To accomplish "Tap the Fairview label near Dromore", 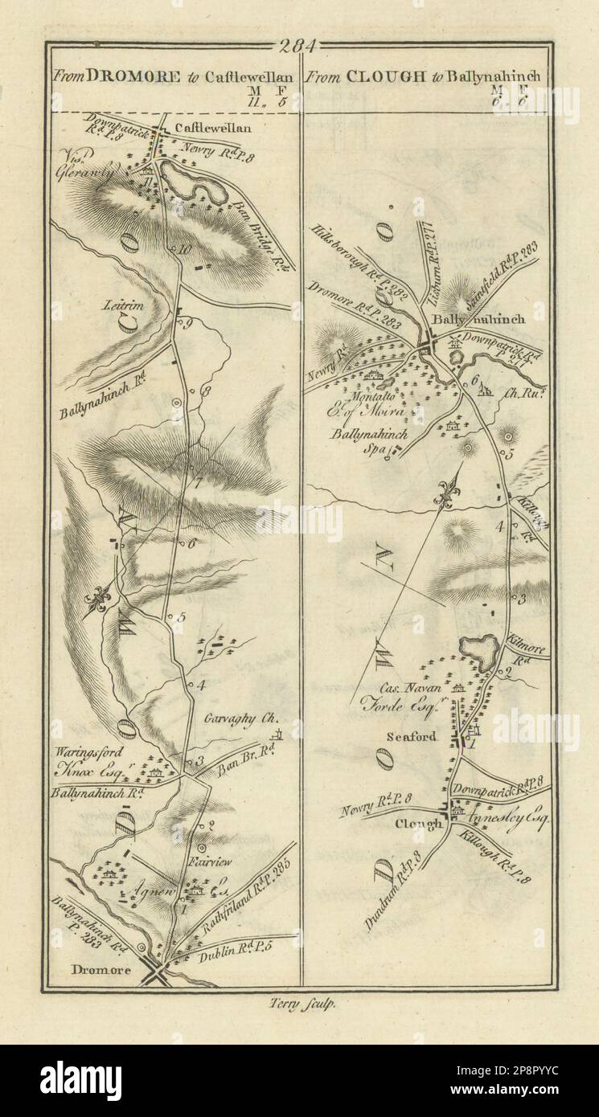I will click(x=213, y=861).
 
